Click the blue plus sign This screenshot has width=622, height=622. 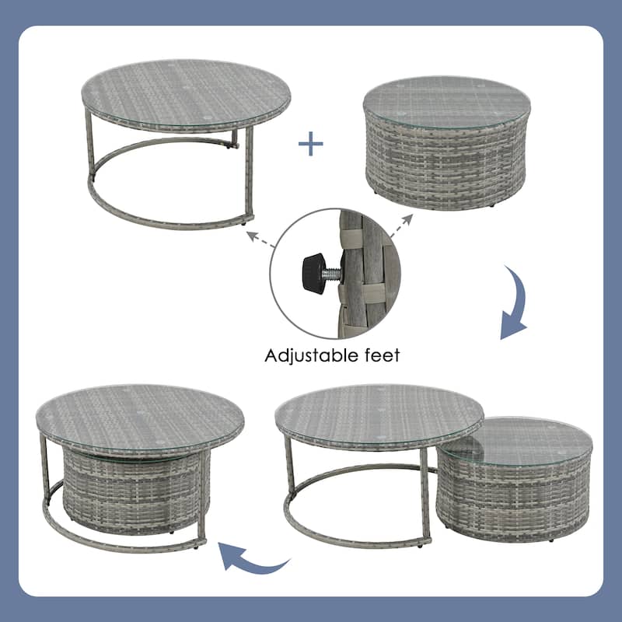(311, 144)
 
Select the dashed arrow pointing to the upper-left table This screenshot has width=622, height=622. (260, 235)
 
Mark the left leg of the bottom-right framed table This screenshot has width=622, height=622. (290, 482)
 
